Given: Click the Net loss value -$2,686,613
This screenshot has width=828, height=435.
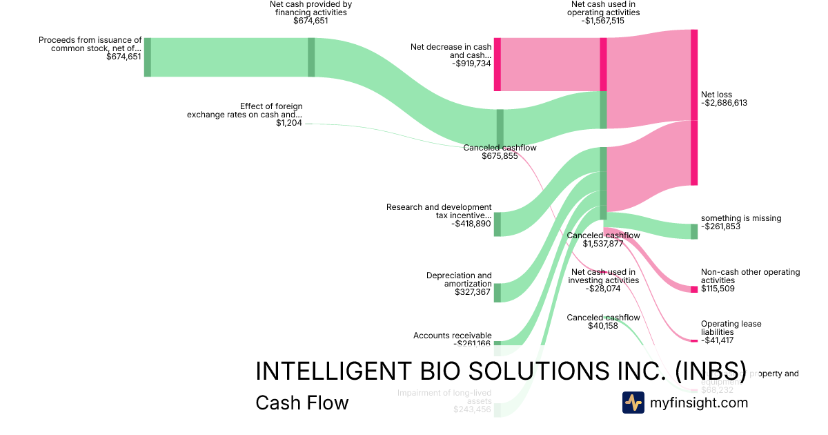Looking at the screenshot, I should (x=724, y=103).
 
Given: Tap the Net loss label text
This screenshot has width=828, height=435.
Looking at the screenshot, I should (x=716, y=95).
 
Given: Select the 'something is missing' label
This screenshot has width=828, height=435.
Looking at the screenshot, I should (x=741, y=218).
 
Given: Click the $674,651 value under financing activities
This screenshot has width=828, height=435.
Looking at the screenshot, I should (x=310, y=21).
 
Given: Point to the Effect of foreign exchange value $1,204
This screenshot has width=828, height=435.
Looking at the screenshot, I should (x=288, y=123).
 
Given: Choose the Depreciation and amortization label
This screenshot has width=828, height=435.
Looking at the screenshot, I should (x=459, y=280).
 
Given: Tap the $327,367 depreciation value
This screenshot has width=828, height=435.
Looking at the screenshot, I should (x=473, y=292).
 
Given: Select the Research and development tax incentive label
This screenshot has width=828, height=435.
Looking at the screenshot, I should (x=439, y=211).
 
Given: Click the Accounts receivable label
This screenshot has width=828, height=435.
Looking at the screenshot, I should (x=452, y=336).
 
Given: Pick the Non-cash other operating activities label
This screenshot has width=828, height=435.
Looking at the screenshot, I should (x=750, y=276).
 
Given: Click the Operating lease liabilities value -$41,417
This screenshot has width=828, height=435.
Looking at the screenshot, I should (x=718, y=340).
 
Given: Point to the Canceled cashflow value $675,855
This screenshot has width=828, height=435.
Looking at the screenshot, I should (x=500, y=156).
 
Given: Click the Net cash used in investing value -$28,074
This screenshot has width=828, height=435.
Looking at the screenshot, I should (x=603, y=289).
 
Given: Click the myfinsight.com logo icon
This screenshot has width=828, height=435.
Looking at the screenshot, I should (x=633, y=403).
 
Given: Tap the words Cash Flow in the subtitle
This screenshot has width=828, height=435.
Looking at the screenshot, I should (x=302, y=403).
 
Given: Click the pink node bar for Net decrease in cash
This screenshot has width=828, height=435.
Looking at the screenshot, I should (x=497, y=64).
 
